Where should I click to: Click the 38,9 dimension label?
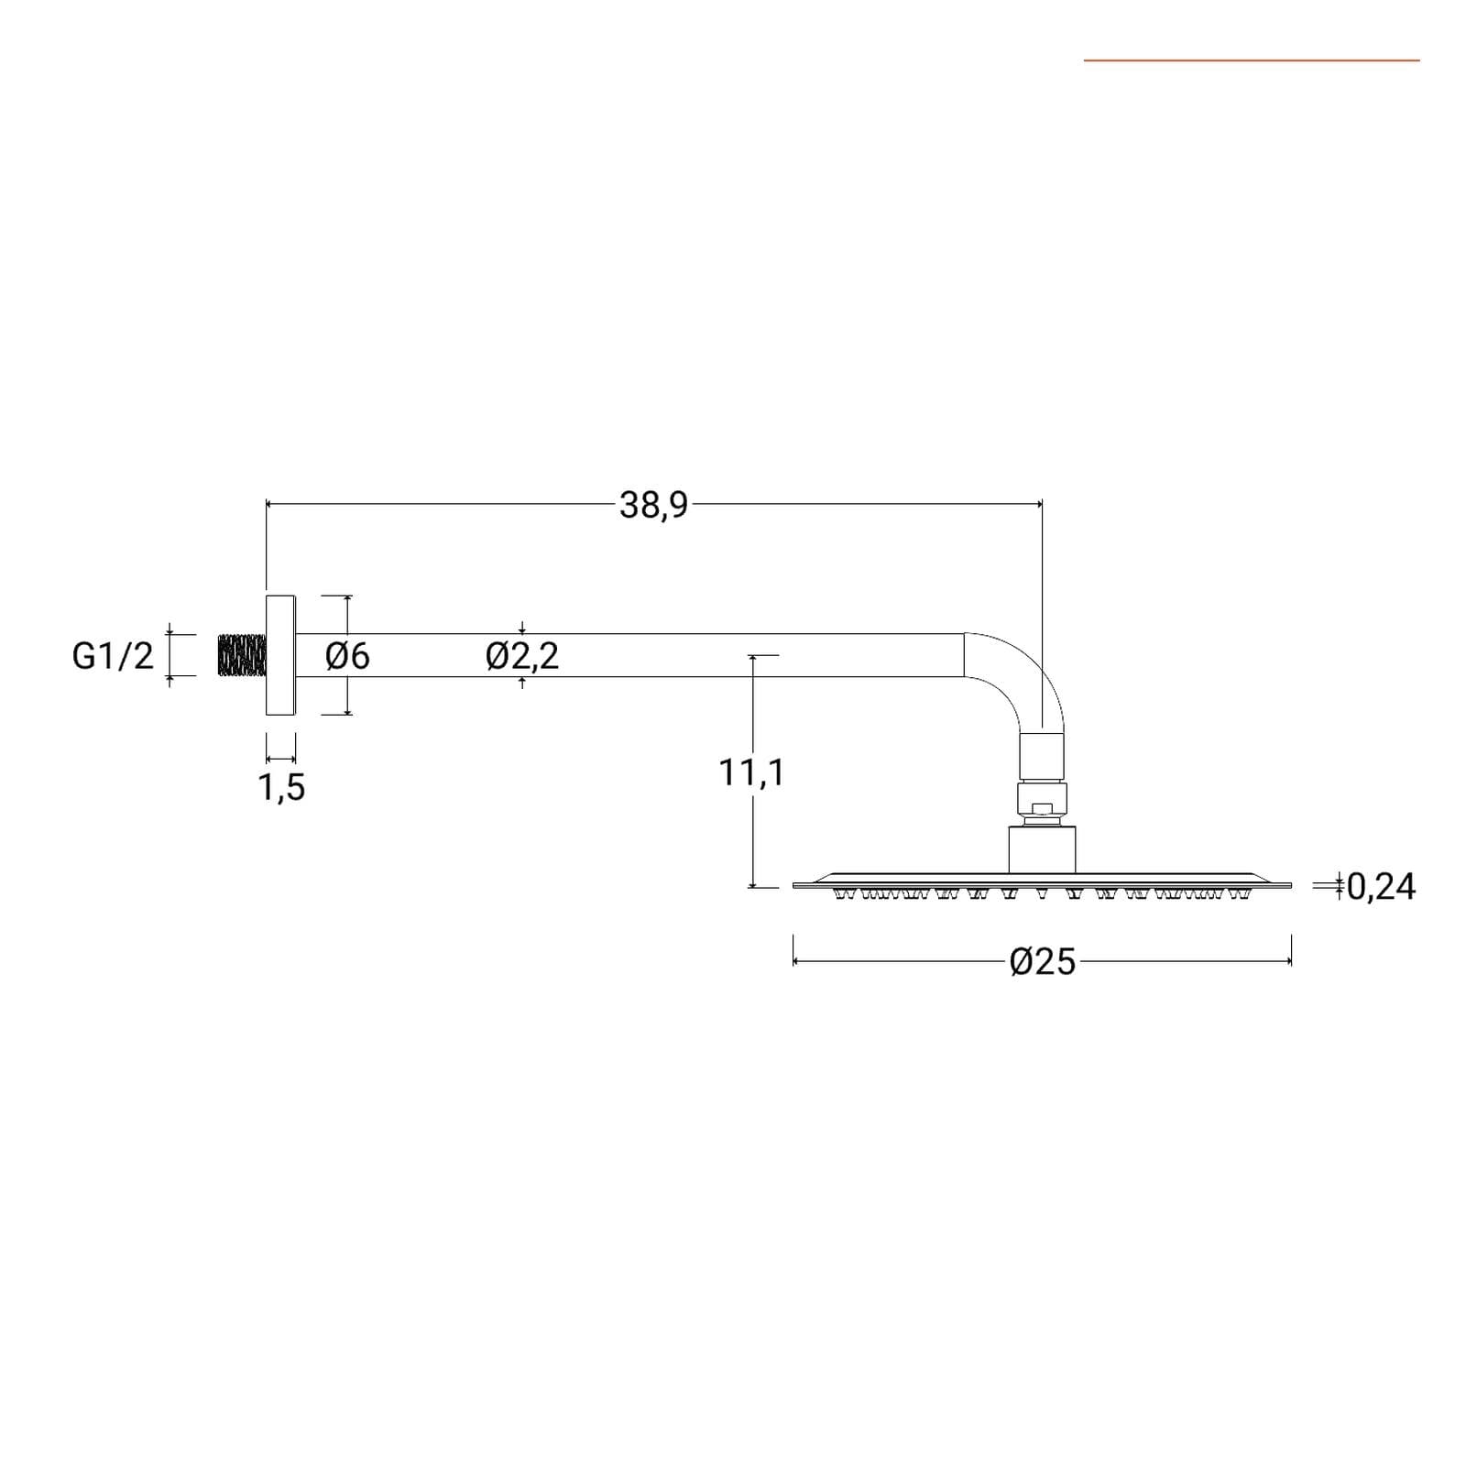[x=653, y=505]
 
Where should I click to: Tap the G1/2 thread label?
[x=113, y=656]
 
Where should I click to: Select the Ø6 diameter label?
[x=347, y=656]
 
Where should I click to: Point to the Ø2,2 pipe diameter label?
[x=522, y=656]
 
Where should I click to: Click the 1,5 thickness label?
[x=282, y=787]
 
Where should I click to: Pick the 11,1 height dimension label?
[x=751, y=773]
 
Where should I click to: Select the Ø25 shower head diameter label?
[x=1043, y=962]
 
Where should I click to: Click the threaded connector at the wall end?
[x=242, y=656]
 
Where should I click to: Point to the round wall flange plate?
[x=280, y=655]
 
